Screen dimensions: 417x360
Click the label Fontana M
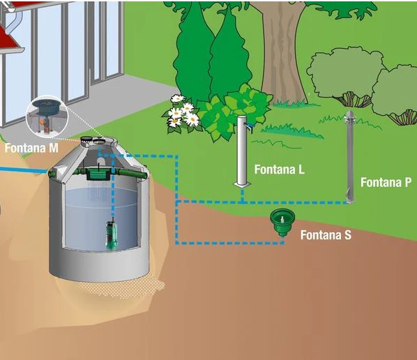point(31,148)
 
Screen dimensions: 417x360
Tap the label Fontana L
point(279,170)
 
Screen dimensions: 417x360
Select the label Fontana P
point(386,183)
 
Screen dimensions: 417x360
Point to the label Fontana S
point(326,235)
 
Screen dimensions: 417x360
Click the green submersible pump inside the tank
point(112,233)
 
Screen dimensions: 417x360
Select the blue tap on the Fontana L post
point(250,128)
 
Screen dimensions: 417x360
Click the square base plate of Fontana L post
point(242,184)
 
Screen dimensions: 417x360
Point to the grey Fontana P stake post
point(350,157)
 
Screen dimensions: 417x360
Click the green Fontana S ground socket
point(282,222)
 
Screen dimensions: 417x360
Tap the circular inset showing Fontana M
point(47,117)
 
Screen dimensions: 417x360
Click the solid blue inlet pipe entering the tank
point(24,170)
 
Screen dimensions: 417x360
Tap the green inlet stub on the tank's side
point(52,174)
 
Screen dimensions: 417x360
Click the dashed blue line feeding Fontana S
point(229,243)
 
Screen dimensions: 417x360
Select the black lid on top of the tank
point(86,139)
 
